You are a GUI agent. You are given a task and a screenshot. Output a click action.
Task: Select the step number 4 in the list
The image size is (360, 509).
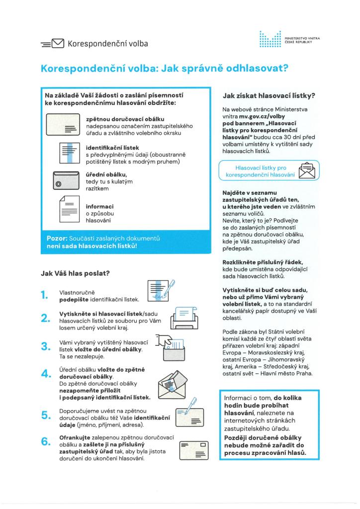[x=44, y=374]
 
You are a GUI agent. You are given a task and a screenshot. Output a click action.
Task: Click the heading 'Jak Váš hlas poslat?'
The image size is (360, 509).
[x=75, y=273]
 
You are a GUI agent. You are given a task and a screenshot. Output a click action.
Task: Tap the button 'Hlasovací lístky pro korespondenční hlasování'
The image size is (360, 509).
[x=268, y=170]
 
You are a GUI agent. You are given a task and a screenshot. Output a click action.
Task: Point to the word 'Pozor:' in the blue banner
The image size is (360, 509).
[x=57, y=239]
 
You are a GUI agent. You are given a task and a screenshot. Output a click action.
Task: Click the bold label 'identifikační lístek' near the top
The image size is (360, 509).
[x=112, y=148]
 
